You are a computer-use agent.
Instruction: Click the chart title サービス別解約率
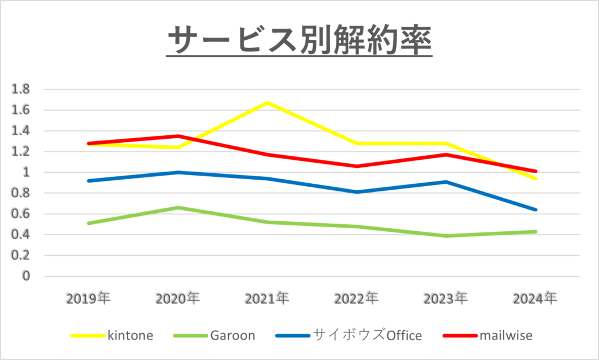click(x=299, y=41)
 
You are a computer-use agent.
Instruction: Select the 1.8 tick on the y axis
click(x=21, y=90)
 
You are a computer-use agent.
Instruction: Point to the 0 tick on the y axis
click(x=26, y=276)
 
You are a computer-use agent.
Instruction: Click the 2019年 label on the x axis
click(x=88, y=299)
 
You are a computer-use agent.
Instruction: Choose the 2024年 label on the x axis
click(x=535, y=299)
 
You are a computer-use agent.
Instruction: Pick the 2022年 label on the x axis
click(x=357, y=299)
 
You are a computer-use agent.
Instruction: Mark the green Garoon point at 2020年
click(x=178, y=208)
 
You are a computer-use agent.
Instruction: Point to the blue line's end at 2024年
click(x=536, y=210)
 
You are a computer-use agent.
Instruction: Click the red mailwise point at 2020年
click(x=178, y=136)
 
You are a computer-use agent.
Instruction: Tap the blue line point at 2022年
click(x=357, y=192)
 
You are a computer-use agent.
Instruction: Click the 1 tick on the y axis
click(x=26, y=173)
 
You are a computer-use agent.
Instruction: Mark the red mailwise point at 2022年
click(x=357, y=166)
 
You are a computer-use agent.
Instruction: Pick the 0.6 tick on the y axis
click(x=21, y=214)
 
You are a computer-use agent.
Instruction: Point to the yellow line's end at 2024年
click(x=536, y=179)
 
